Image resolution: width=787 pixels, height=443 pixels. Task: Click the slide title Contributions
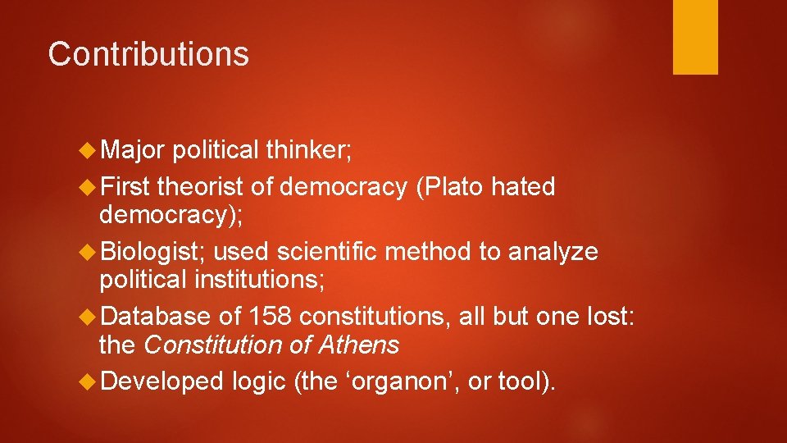[148, 54]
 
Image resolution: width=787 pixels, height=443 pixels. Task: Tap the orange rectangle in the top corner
[695, 37]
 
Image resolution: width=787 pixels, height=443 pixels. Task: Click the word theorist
[201, 187]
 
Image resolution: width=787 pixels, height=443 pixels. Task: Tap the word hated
[523, 187]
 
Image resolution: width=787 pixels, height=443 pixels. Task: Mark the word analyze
[553, 252]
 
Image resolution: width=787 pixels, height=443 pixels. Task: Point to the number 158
[271, 317]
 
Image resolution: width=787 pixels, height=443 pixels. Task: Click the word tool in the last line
[518, 381]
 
